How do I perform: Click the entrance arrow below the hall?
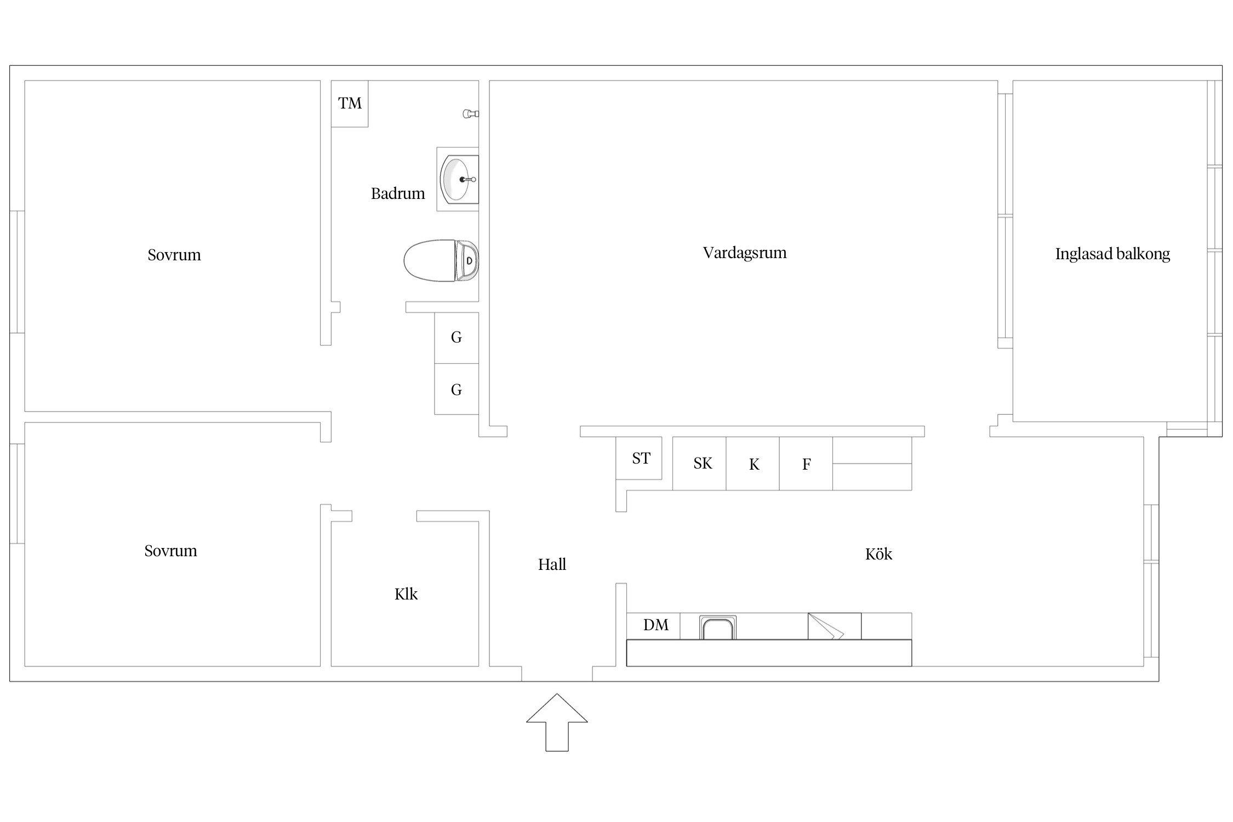click(557, 722)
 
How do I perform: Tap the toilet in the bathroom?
click(441, 260)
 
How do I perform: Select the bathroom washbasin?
click(458, 179)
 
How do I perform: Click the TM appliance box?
click(350, 104)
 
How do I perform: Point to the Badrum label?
click(398, 193)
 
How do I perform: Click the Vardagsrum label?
click(745, 253)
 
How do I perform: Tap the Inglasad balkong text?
click(1112, 254)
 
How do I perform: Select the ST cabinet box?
click(639, 458)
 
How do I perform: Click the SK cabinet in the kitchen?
click(699, 463)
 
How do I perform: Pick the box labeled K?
click(753, 463)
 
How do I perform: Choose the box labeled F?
click(806, 463)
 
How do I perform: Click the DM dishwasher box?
click(653, 626)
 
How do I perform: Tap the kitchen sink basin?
click(718, 627)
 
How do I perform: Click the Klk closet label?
click(406, 594)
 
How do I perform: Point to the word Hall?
click(552, 564)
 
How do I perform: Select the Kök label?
click(878, 554)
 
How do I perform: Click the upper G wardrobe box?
click(456, 338)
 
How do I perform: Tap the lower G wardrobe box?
click(456, 389)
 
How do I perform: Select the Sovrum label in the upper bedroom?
click(174, 255)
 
